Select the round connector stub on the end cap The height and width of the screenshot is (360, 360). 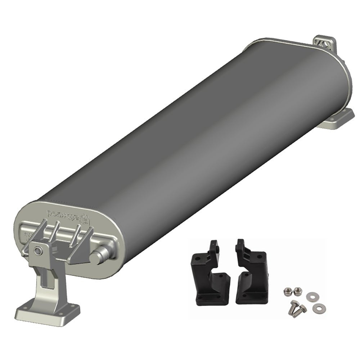click(97, 257)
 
